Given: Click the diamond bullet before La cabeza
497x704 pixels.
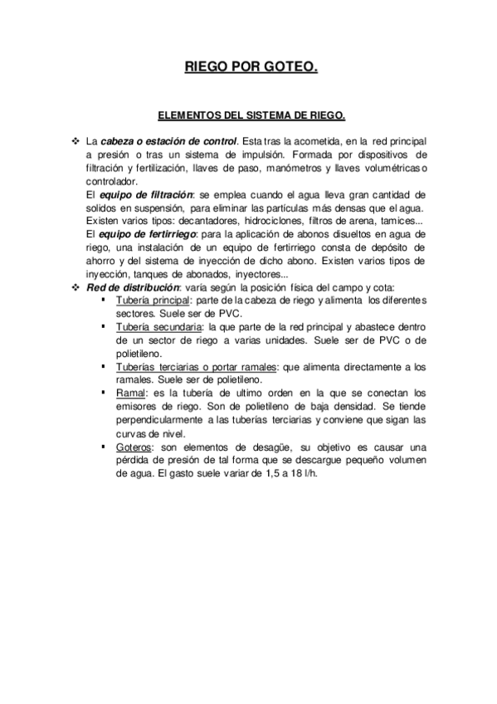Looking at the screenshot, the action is coord(76,141).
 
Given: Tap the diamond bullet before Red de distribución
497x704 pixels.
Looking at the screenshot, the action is coord(76,286).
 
